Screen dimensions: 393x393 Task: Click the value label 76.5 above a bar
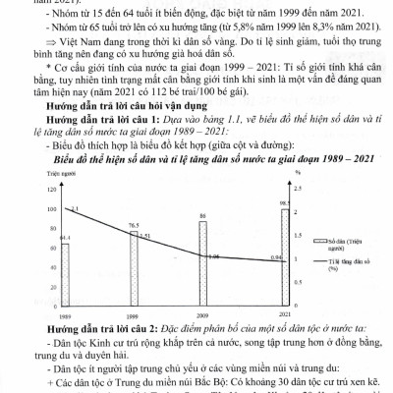[133, 225]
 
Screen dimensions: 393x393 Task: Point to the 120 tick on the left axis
[44, 186]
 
